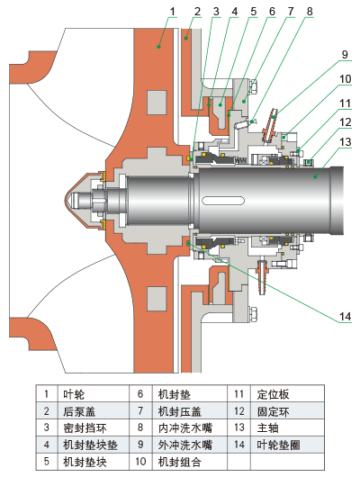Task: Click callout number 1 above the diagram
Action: coord(173,12)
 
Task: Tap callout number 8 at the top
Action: coord(310,12)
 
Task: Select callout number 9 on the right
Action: coord(345,55)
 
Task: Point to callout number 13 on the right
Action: coord(345,142)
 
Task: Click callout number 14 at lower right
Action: coord(345,317)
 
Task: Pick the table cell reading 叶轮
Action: coord(74,394)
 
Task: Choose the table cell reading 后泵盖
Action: coord(79,411)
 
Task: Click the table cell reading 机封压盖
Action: coord(179,411)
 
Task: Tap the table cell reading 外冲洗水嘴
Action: coord(185,445)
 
